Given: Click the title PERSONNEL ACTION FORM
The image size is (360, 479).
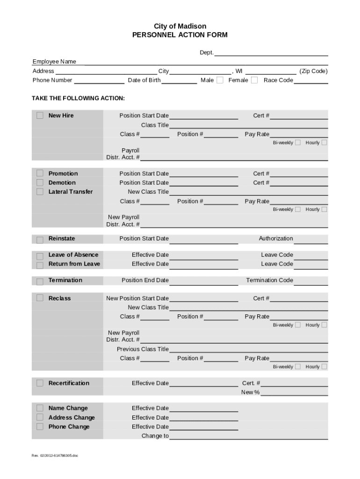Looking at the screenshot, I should click(x=180, y=35).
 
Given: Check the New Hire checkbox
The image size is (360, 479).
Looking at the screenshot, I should click(x=40, y=116).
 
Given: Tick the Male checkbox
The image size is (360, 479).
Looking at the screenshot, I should click(x=220, y=80).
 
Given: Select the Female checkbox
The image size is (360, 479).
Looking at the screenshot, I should click(x=254, y=80).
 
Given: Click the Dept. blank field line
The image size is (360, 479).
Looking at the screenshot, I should click(x=271, y=53).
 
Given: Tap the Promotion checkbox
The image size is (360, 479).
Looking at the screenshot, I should click(x=40, y=174).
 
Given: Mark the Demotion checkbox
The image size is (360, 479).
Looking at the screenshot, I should click(x=40, y=182).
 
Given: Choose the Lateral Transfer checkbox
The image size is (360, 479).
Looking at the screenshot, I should click(x=40, y=192).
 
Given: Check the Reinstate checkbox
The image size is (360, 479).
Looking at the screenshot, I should click(x=40, y=239).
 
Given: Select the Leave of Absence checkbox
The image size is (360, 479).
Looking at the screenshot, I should click(x=40, y=256).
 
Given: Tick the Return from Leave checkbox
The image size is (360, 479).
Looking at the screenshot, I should click(x=40, y=265).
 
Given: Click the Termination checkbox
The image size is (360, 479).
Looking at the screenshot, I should click(x=40, y=281).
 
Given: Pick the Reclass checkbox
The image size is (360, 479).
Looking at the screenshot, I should click(x=40, y=298).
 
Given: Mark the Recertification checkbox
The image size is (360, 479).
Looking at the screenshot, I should click(x=40, y=383).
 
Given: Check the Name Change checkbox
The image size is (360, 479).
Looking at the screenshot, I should click(x=40, y=408).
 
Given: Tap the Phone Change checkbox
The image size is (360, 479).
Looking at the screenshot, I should click(x=40, y=427).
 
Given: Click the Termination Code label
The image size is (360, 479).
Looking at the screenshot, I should click(x=270, y=280).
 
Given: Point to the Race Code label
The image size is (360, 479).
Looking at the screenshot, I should click(x=278, y=80).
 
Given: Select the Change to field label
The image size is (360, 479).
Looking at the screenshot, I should click(x=155, y=436).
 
